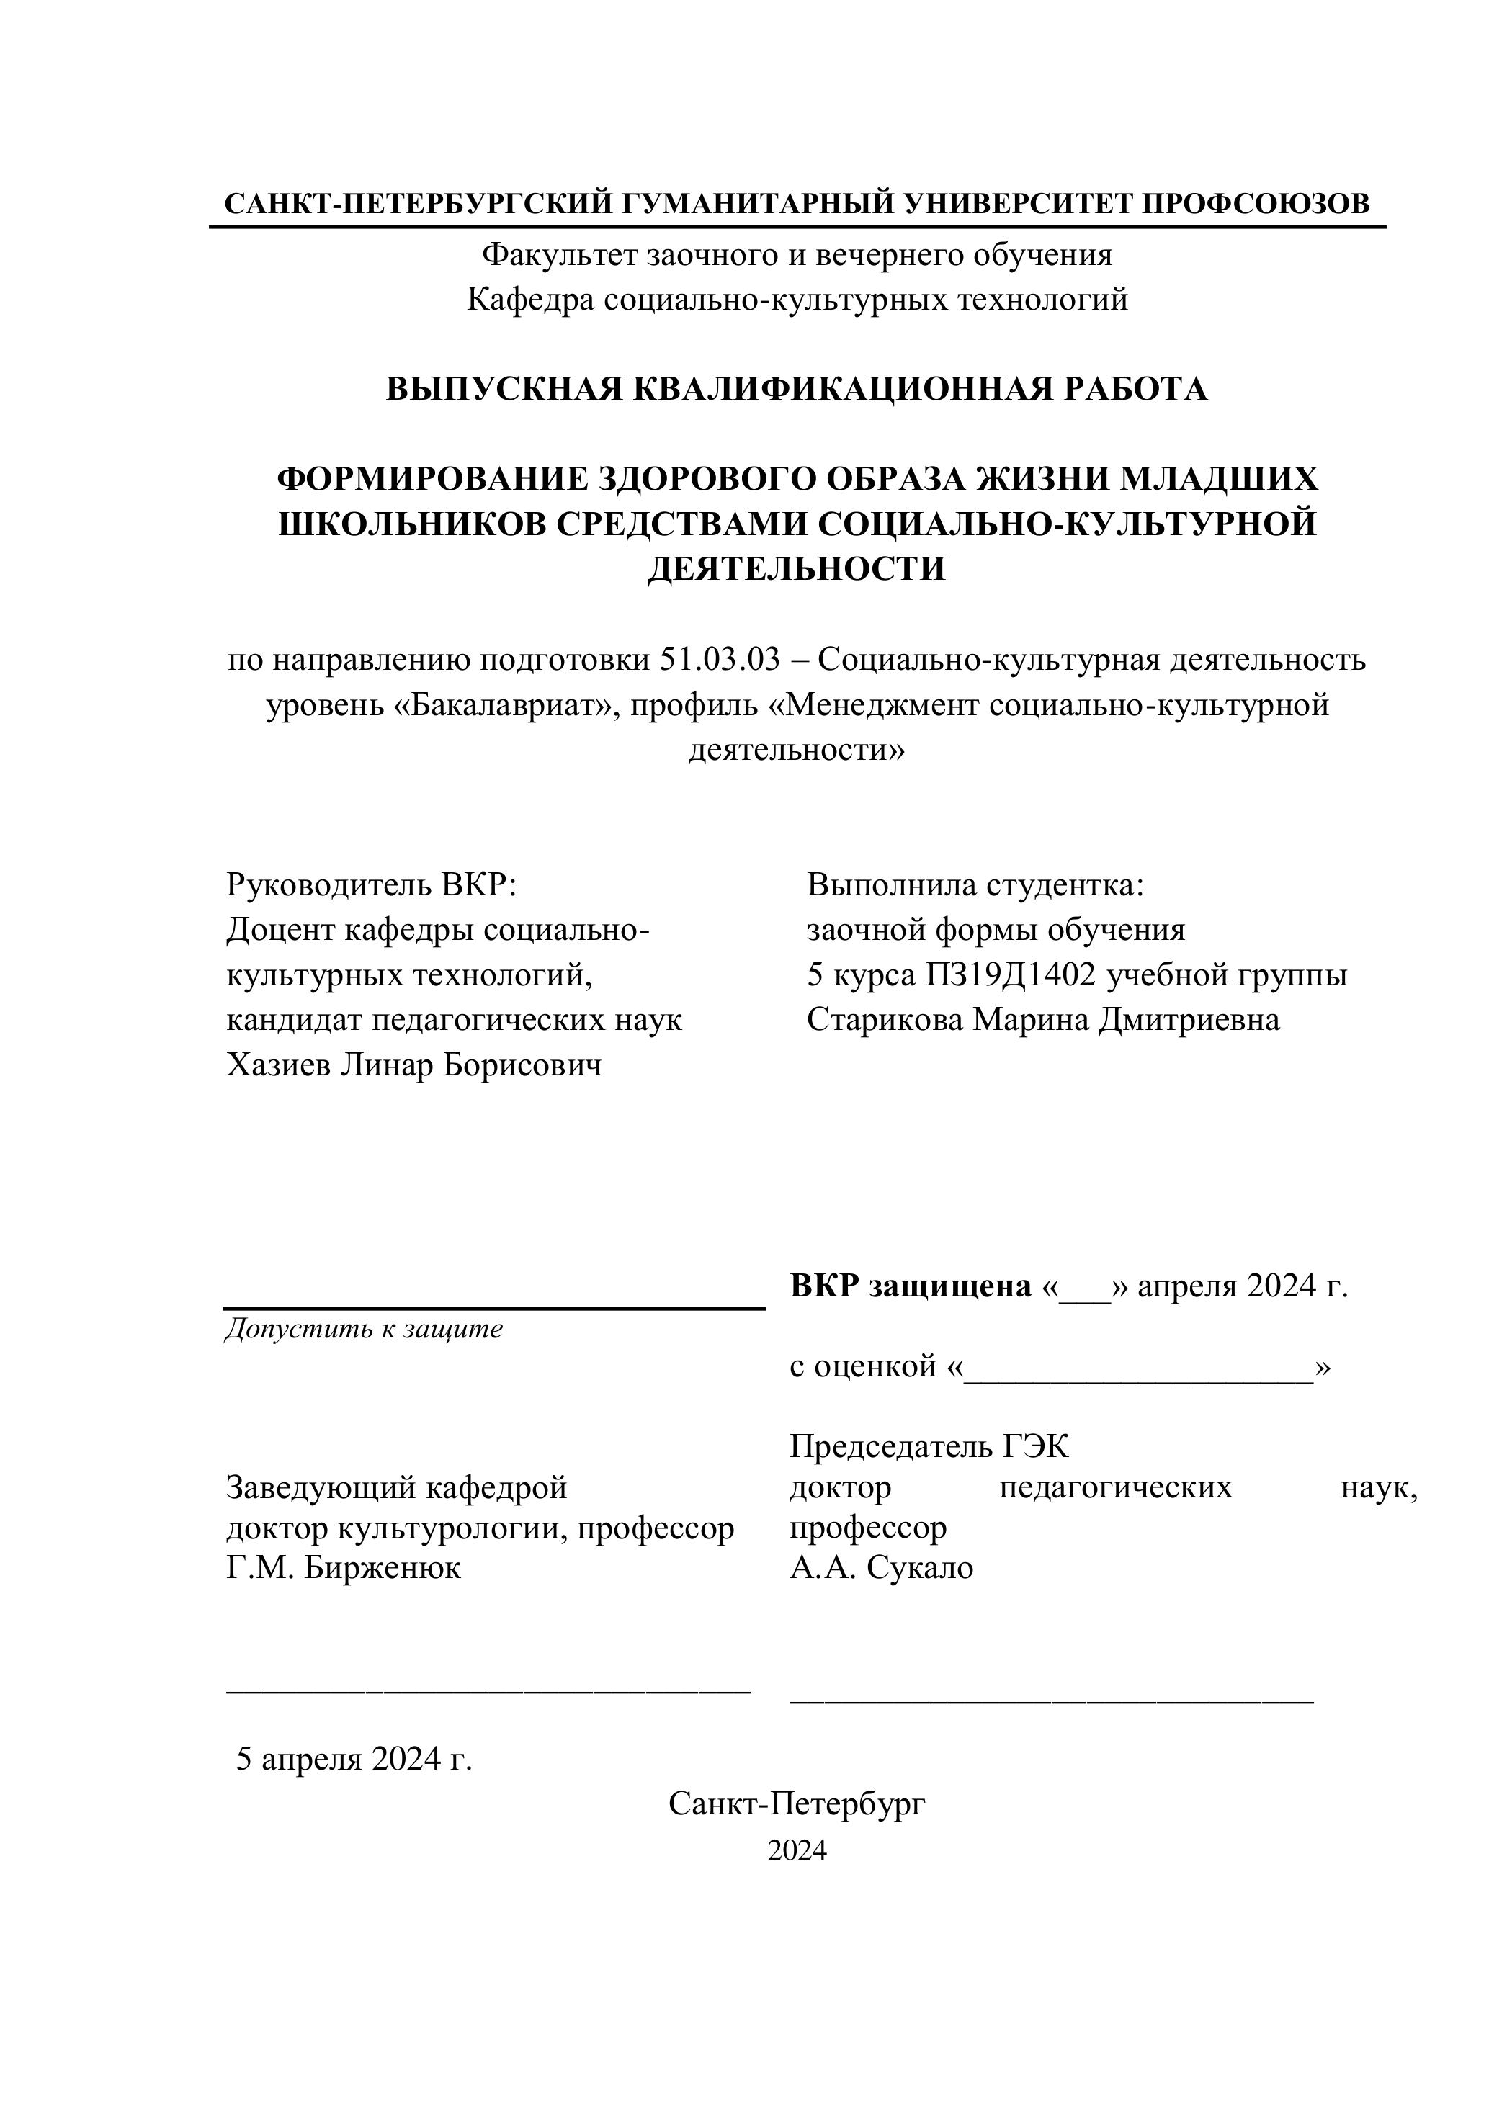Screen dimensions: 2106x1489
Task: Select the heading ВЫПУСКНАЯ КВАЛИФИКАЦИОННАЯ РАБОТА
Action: (796, 389)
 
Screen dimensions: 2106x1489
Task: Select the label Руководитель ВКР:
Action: (372, 885)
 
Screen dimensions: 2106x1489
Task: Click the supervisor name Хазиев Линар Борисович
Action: (413, 1065)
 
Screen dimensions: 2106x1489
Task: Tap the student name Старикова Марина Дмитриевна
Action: (1043, 1019)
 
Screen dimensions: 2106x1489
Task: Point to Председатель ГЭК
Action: (929, 1448)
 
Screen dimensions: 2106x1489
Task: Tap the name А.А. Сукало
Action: (881, 1567)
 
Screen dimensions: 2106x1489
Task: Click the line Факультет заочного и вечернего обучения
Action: (796, 254)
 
